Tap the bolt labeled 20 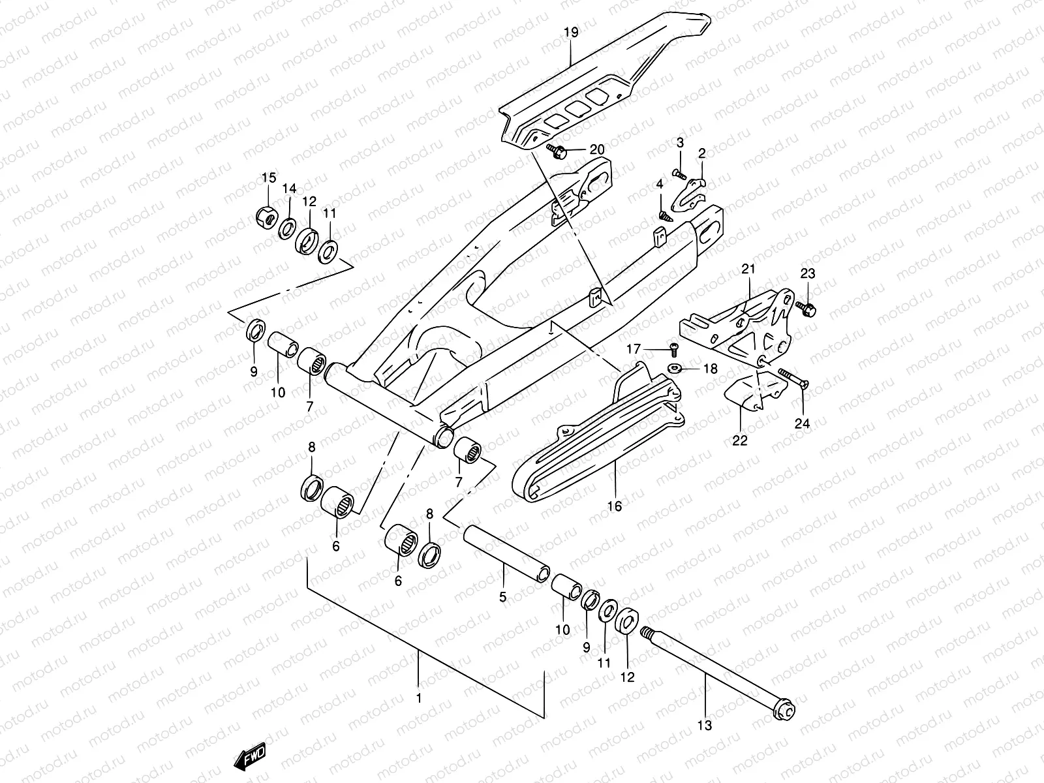[556, 151]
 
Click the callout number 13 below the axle [705, 725]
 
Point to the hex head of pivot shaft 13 [785, 712]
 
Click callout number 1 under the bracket [419, 698]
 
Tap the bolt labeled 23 [807, 309]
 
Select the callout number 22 [739, 440]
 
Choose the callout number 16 [615, 505]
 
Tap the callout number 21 [748, 268]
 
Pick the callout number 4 [660, 185]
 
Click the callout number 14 [289, 189]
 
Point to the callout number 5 [503, 596]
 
